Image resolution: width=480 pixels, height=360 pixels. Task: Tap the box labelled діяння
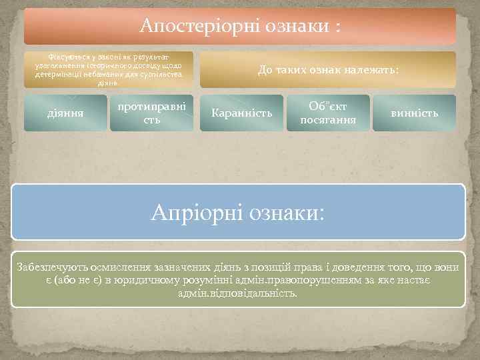point(66,113)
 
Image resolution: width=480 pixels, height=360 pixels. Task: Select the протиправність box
point(151,113)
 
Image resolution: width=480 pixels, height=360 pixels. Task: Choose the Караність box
point(241,113)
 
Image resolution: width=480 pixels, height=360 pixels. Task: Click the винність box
point(415,113)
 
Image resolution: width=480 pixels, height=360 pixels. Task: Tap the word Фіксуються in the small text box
point(64,58)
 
